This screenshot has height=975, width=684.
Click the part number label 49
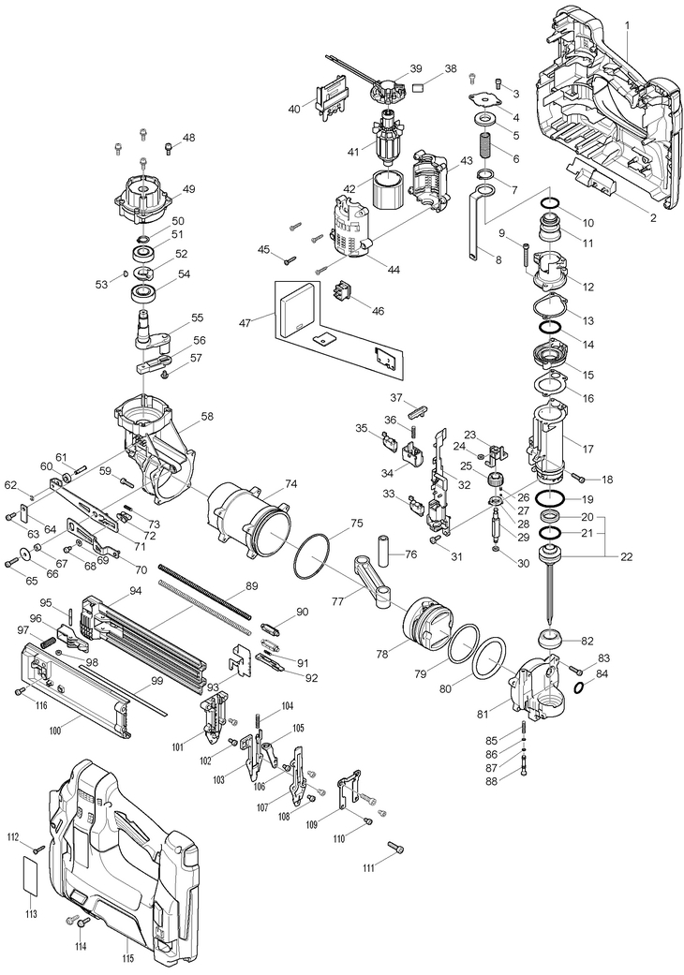pyautogui.click(x=188, y=189)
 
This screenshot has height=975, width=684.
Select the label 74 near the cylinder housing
pyautogui.click(x=291, y=484)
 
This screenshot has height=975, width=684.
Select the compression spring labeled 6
pyautogui.click(x=485, y=148)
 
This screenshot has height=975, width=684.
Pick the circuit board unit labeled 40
pyautogui.click(x=329, y=97)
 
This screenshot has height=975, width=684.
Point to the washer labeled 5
pyautogui.click(x=485, y=121)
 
